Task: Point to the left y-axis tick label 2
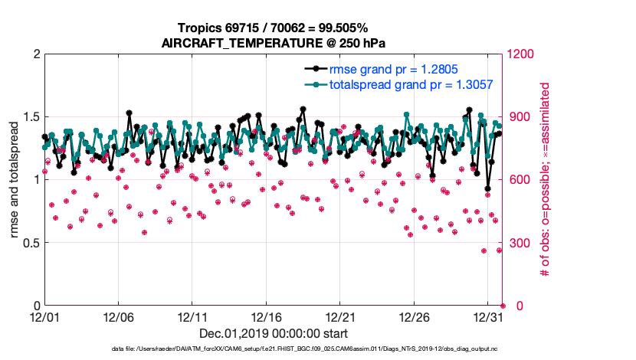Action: point(35,54)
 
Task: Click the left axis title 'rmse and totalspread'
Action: point(15,180)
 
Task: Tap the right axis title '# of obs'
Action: point(546,180)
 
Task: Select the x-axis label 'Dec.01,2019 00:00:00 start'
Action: point(274,333)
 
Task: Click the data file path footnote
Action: point(274,349)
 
